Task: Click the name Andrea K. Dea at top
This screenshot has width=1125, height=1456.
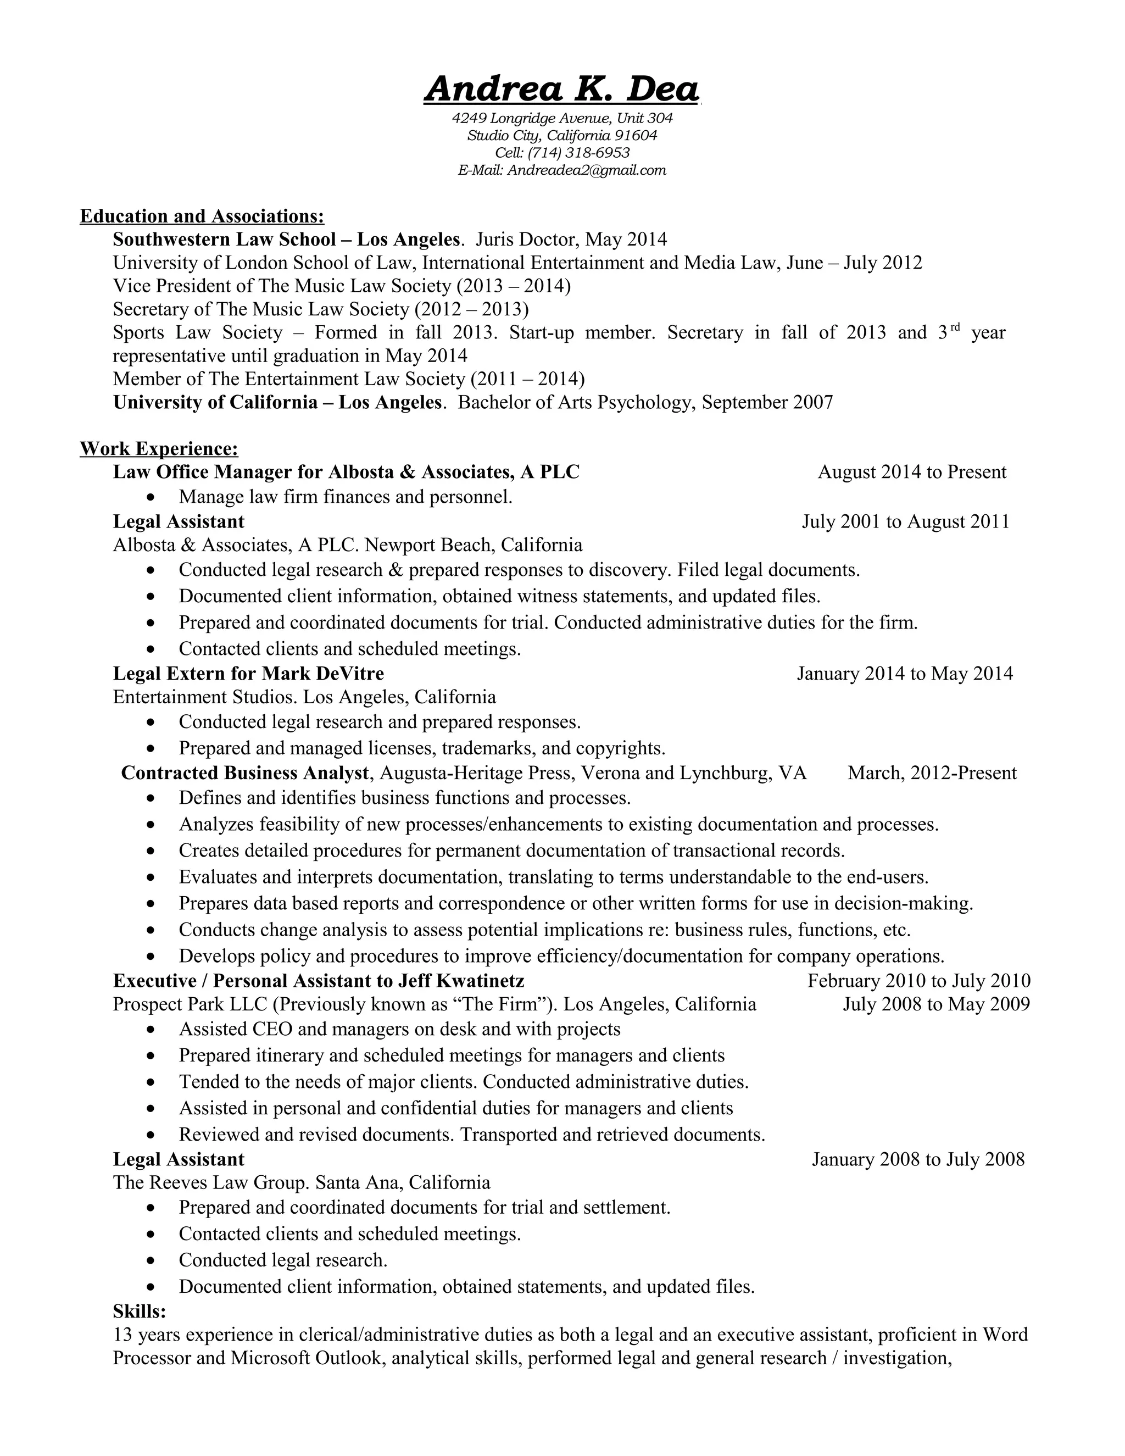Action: point(561,90)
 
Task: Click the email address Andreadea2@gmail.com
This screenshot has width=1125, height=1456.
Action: point(587,170)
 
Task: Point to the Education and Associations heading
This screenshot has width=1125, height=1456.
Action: point(202,216)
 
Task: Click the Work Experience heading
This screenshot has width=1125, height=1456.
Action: point(159,449)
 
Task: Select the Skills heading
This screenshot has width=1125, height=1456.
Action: point(140,1311)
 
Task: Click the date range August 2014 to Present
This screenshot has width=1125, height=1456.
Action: point(912,472)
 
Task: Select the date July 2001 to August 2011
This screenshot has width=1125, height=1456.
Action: point(905,521)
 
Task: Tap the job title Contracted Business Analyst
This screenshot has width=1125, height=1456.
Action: point(244,773)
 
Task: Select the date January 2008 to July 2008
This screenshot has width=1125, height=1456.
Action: point(918,1159)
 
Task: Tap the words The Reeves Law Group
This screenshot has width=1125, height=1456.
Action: point(210,1183)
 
